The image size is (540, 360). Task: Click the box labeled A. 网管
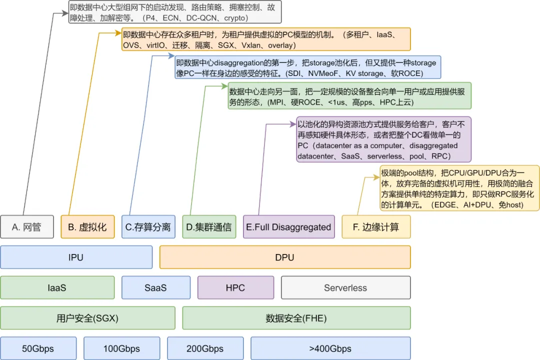(x=26, y=227)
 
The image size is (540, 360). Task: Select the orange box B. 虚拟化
(x=87, y=227)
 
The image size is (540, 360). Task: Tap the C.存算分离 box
(x=148, y=227)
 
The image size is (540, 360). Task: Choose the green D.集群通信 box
(x=208, y=227)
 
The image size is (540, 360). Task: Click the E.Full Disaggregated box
(x=288, y=227)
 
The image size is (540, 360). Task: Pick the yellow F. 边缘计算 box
(x=375, y=227)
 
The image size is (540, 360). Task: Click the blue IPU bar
(x=76, y=257)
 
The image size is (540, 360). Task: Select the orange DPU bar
(x=284, y=257)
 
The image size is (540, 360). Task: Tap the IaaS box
(x=57, y=287)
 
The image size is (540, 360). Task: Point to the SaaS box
(x=155, y=287)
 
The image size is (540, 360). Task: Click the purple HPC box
(x=235, y=287)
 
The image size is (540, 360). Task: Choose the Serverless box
(x=345, y=287)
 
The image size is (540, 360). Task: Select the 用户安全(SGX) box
(x=87, y=318)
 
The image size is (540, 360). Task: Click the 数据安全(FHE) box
(x=296, y=318)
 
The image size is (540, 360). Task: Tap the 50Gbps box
(x=38, y=348)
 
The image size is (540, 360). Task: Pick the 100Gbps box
(x=121, y=348)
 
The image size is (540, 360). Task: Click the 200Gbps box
(x=205, y=348)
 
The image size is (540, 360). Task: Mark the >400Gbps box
(x=330, y=348)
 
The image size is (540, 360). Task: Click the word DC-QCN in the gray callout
(x=200, y=18)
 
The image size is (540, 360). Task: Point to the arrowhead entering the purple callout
(x=293, y=122)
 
